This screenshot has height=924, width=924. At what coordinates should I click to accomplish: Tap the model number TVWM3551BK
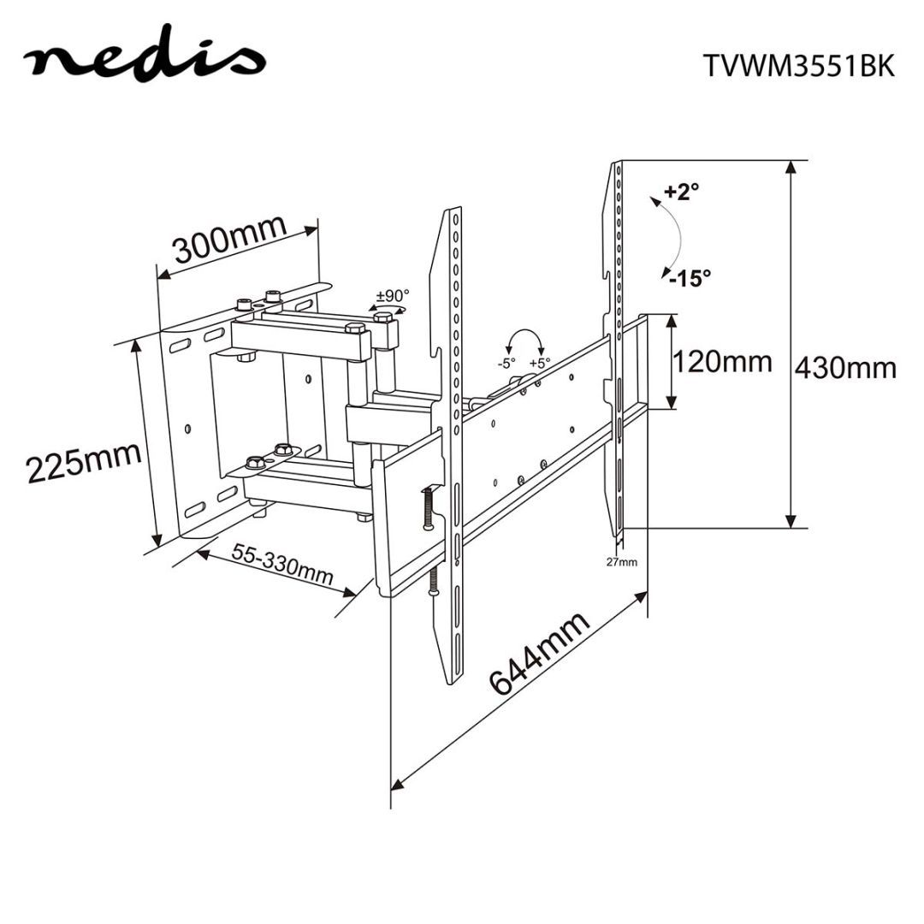coord(798,66)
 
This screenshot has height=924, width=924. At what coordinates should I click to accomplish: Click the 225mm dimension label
coord(83,462)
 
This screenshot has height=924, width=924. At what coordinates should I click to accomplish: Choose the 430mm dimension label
coord(846,368)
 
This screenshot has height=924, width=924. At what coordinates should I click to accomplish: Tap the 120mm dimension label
coord(722,361)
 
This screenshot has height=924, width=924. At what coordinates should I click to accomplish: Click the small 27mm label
coord(622,562)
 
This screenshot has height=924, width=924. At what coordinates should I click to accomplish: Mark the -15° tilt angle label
coord(691,277)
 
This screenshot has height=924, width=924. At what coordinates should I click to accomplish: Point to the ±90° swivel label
coord(393,296)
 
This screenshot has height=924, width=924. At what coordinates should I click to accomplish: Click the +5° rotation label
coord(539,363)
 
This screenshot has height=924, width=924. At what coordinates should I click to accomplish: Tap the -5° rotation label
coord(506,363)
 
